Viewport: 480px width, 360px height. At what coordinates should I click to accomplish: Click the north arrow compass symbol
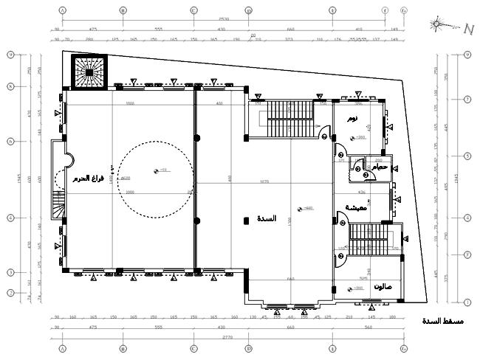[440, 24]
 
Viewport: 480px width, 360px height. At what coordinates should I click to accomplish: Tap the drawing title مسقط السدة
[442, 321]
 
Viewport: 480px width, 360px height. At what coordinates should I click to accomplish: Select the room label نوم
[353, 118]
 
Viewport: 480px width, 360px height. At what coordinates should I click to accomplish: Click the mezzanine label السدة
[267, 219]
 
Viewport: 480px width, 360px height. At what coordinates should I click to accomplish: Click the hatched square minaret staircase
[88, 70]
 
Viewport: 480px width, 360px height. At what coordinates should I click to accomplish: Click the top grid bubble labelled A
[62, 11]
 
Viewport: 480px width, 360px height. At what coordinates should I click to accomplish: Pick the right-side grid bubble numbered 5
[467, 156]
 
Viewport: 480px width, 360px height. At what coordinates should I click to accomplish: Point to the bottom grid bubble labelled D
[249, 348]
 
